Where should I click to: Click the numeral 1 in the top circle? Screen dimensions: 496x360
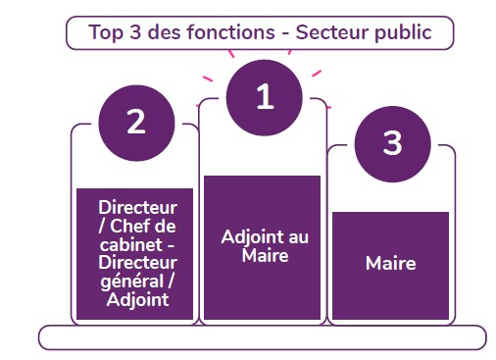coord(265,96)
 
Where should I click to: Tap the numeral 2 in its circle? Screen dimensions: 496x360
coord(136,122)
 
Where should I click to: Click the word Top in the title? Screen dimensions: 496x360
coord(106,33)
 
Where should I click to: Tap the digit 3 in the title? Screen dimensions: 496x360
coord(135,32)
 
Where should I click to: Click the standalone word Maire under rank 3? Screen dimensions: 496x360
coord(391,263)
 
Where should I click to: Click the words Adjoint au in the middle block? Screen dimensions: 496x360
coord(265,236)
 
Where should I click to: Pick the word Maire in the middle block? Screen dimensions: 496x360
coord(265,255)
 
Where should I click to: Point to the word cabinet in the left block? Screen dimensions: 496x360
coord(131,244)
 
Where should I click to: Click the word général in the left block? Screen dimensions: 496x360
coord(132,282)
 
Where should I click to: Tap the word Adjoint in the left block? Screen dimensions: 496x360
coord(137,300)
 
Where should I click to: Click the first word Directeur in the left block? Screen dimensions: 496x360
coord(137,207)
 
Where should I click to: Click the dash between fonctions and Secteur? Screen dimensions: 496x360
coord(285,33)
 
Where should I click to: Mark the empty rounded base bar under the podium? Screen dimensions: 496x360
coord(263,337)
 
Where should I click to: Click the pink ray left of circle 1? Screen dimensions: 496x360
coord(208,78)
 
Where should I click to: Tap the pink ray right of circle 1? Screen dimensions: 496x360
coord(317,74)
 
